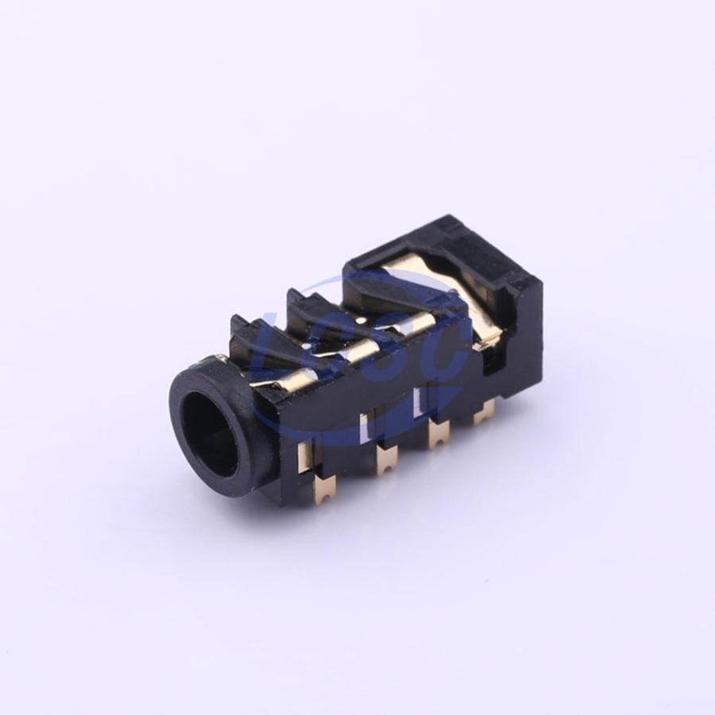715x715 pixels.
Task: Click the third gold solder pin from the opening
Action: [x=439, y=436]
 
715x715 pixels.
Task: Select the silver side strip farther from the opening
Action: [x=419, y=401]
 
